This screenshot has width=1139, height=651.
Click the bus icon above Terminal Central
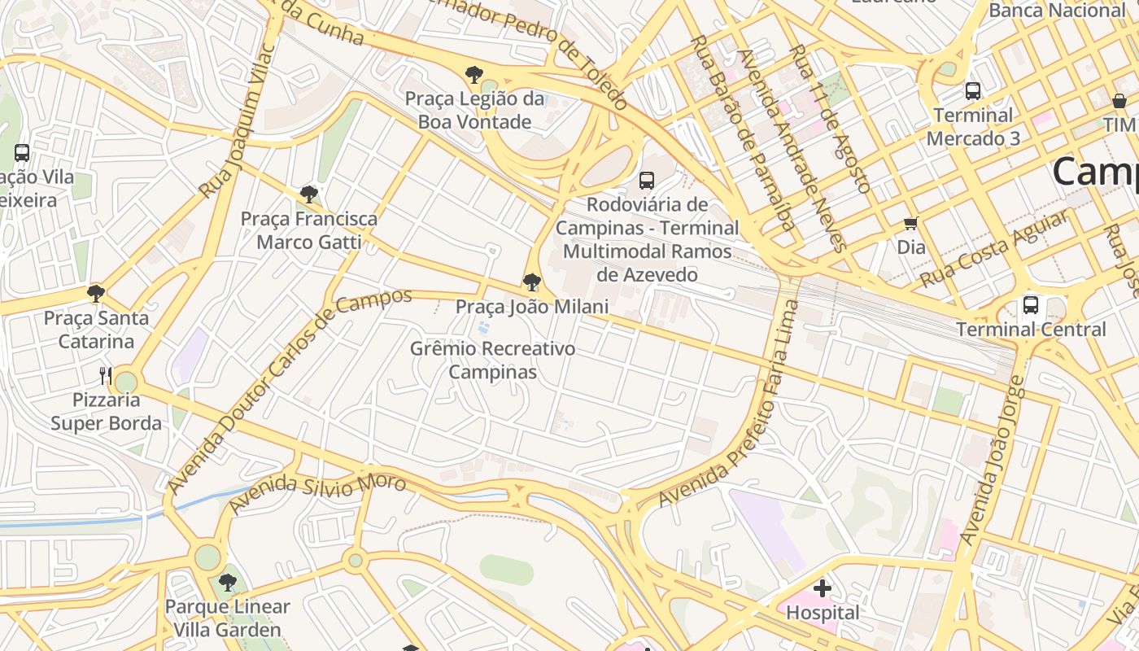(x=1031, y=305)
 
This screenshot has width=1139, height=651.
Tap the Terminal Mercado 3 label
(x=973, y=126)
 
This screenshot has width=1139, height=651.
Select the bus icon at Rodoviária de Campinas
(x=647, y=181)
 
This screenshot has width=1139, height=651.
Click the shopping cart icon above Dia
(x=910, y=223)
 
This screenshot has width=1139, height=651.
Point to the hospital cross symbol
(x=823, y=588)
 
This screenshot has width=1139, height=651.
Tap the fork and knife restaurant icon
(x=105, y=375)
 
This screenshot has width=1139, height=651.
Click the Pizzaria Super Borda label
(x=106, y=412)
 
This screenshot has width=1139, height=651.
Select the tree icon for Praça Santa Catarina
(x=96, y=293)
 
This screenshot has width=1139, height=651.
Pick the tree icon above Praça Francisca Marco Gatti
(x=308, y=194)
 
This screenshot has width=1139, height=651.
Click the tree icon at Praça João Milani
(x=532, y=282)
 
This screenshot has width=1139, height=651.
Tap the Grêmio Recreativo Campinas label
(x=493, y=360)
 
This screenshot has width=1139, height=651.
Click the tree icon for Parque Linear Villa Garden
(x=228, y=583)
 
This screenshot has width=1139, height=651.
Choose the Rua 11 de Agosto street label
(x=828, y=118)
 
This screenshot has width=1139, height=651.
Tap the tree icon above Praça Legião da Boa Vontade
(x=473, y=75)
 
